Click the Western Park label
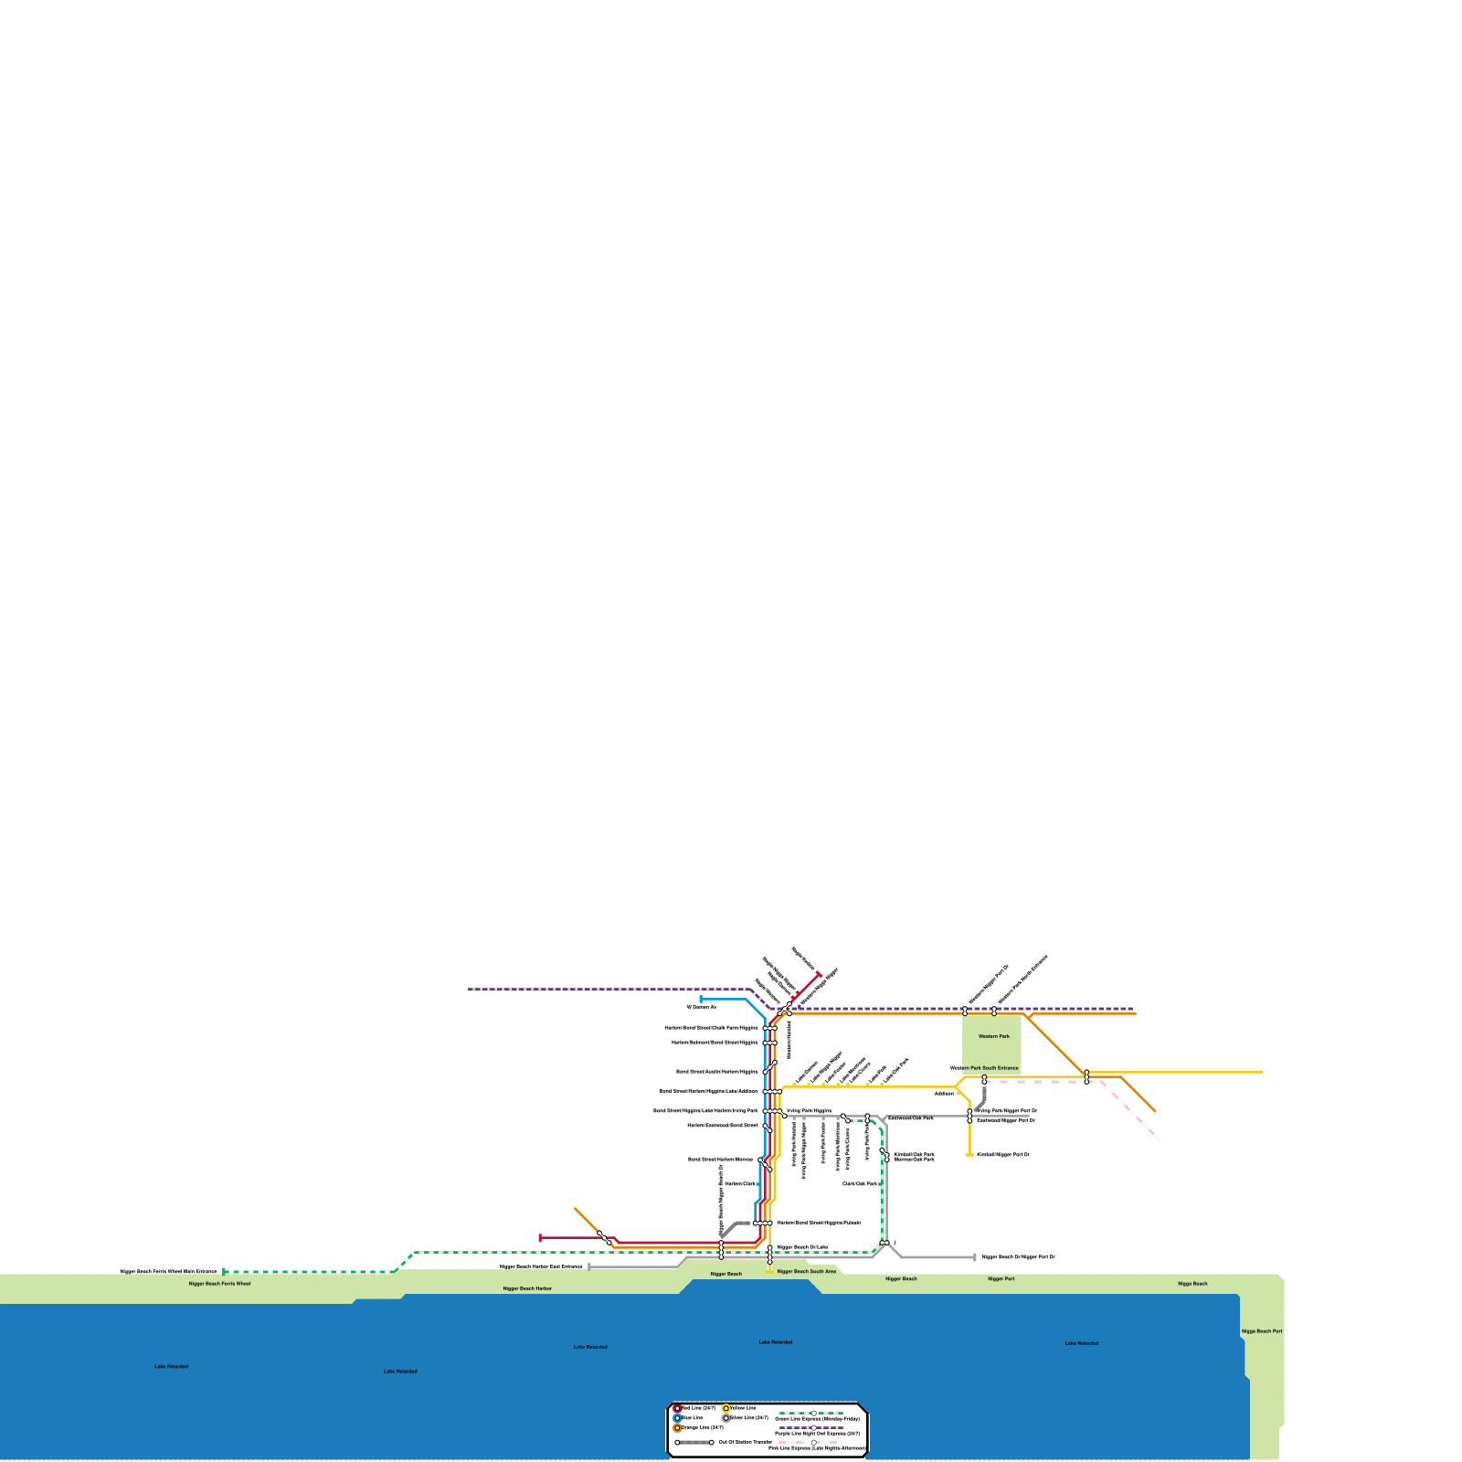(993, 1036)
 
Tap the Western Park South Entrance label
(984, 1067)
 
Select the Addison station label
(944, 1093)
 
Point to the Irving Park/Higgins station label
(809, 1111)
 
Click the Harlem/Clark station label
(741, 1183)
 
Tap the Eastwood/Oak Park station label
(911, 1118)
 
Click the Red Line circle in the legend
(677, 1408)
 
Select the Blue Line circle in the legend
(677, 1418)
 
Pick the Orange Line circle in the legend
(677, 1428)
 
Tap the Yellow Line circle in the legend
(726, 1408)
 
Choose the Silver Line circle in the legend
(726, 1418)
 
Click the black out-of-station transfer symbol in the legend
(694, 1443)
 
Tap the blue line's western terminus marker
(701, 1000)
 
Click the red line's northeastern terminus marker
(819, 974)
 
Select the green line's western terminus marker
(225, 1271)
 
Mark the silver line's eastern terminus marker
(975, 1257)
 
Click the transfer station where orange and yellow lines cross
(1086, 1076)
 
